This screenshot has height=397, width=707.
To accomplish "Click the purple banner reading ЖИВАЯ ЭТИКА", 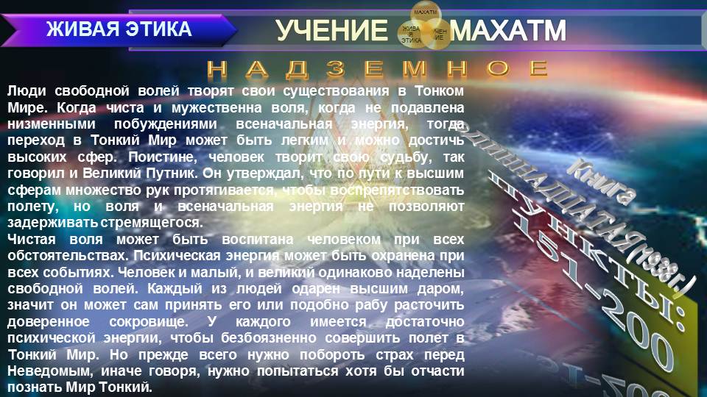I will click(x=119, y=29).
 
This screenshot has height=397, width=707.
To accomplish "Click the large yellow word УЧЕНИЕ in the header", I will click(x=331, y=31).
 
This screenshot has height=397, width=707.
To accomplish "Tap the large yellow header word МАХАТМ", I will click(x=508, y=31).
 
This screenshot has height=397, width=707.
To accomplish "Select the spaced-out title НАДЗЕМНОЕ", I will click(x=378, y=69).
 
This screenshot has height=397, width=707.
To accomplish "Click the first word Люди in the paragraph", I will click(x=25, y=91).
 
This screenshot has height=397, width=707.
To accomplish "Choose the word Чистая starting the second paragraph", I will click(x=30, y=240).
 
